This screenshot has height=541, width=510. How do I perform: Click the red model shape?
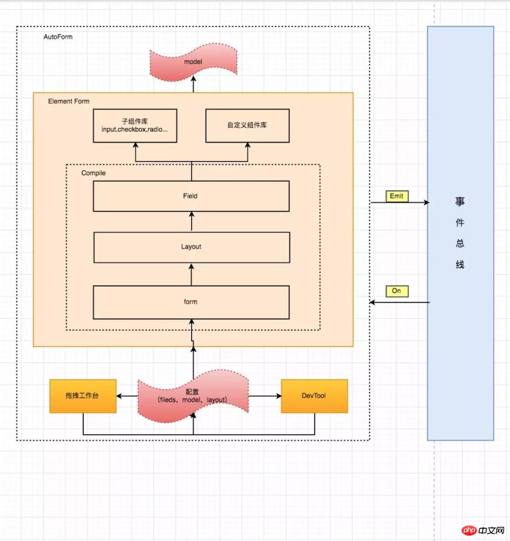pos(193,63)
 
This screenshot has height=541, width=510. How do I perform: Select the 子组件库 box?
pos(135,126)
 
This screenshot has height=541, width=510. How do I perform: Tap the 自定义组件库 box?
pos(248,126)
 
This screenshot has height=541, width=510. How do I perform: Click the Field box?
pos(191,196)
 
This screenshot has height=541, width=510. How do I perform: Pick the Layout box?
pos(191,247)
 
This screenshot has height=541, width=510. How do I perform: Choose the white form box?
pos(191,302)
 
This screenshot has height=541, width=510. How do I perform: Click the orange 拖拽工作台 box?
pos(83,396)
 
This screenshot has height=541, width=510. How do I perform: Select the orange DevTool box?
pos(314,396)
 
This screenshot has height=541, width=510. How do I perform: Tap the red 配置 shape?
pos(193,396)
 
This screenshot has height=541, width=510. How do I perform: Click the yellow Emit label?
pos(397,196)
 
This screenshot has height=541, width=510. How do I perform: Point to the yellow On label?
pos(397,291)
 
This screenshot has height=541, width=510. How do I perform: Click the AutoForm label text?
pos(58,37)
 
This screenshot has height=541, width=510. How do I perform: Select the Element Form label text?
pos(69,101)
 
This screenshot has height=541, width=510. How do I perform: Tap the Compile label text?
pos(93,173)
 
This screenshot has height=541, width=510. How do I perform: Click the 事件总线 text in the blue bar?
pos(460,233)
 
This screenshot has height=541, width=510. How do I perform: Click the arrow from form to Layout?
pos(192,274)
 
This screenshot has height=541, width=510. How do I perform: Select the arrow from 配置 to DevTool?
pos(265,396)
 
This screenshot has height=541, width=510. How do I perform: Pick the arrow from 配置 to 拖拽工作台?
pos(127,396)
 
